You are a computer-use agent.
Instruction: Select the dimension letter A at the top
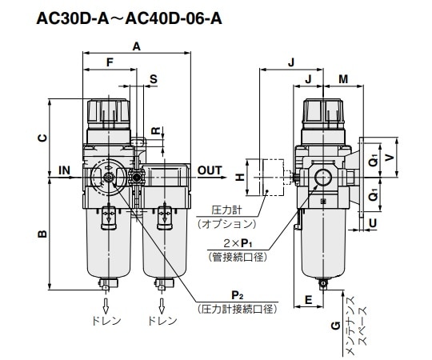136,47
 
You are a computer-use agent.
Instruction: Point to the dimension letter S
153,79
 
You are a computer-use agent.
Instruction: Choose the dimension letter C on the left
42,138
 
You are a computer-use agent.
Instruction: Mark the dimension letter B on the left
42,234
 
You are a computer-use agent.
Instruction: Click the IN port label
65,170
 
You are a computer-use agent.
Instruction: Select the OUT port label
210,170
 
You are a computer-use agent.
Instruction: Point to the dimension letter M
343,78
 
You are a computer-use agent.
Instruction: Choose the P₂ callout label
238,294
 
